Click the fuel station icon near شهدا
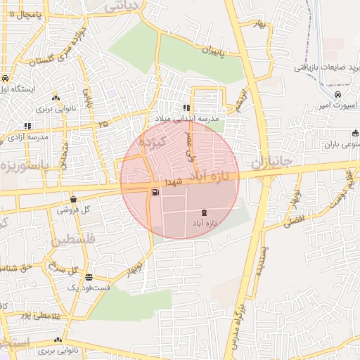[155, 192]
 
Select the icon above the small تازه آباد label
[204, 212]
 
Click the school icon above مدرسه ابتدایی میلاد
[186, 108]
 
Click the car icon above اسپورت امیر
[338, 94]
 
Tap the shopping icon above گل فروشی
[74, 200]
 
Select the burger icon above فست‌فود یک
[89, 277]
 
